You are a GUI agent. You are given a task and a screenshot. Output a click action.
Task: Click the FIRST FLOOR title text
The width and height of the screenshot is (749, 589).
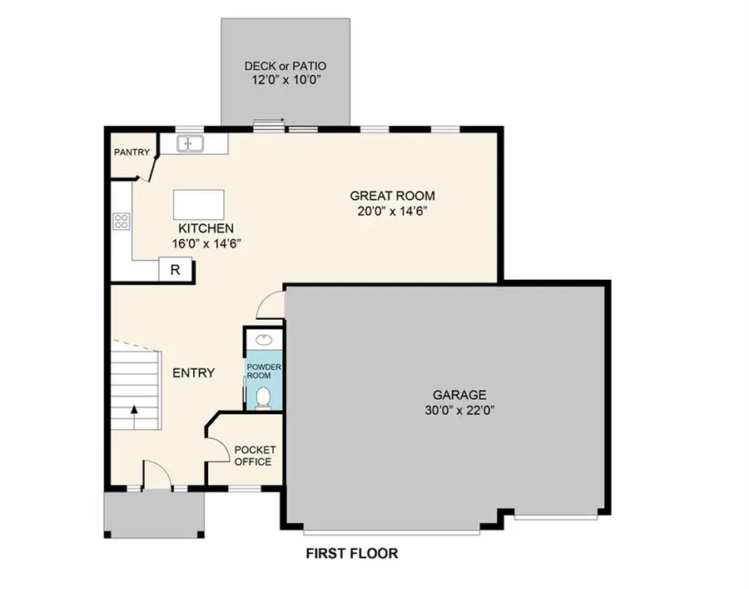351,553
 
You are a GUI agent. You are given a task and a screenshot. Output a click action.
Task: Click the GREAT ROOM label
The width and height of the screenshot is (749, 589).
392,196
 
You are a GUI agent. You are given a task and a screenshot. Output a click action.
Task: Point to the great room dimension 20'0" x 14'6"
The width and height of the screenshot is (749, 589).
392,211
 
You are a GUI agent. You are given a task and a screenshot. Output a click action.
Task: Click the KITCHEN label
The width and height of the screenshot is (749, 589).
206,227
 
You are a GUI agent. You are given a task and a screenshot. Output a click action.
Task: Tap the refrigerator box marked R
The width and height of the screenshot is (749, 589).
176,269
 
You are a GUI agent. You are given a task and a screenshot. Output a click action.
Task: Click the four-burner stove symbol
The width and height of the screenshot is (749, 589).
122,221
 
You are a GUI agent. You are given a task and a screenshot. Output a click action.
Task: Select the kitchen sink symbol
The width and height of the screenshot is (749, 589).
191,144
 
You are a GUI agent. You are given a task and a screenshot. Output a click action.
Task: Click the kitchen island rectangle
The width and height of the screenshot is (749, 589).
199,203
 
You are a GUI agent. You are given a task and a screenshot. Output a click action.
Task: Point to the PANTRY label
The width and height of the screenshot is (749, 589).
131,152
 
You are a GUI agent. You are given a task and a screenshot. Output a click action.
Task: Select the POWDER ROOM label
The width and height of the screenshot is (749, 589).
264,371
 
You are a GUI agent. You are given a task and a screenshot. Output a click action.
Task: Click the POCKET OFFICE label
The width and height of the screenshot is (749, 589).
255,456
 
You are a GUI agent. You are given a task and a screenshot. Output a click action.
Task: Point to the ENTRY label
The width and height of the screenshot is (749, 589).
193,373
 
